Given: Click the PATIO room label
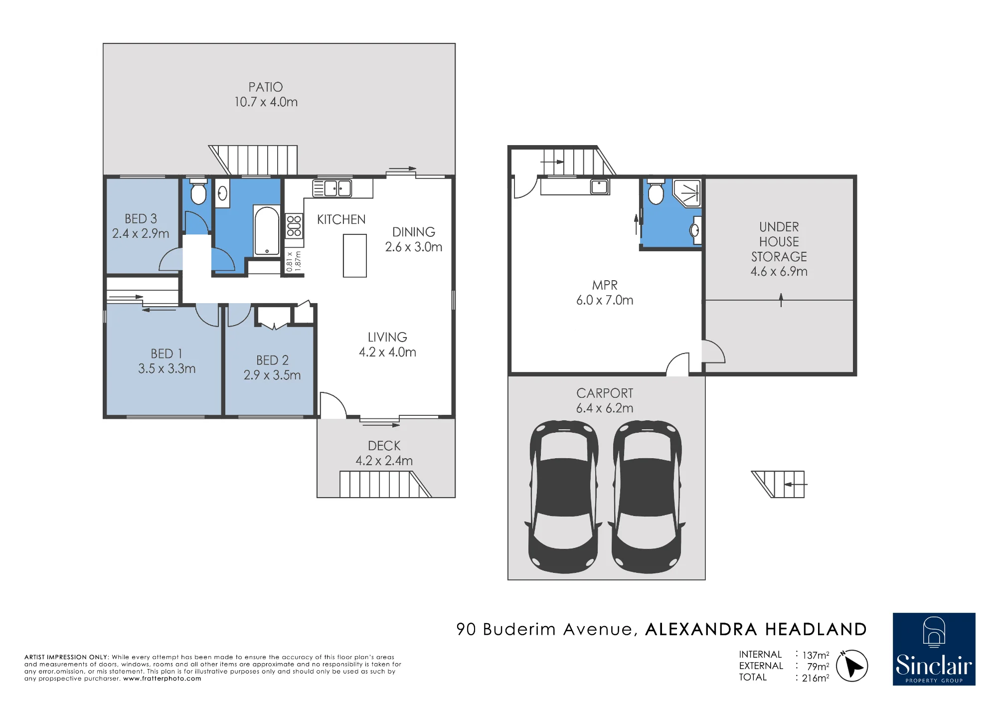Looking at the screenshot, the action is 266,87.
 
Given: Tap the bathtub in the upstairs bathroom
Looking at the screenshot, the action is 267,231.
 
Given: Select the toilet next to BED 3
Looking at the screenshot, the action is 198,191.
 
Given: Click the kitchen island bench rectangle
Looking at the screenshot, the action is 355,256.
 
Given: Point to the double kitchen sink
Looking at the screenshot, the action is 332,188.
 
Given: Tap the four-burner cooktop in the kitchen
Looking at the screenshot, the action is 294,226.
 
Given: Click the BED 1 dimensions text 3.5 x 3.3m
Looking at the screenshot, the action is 167,368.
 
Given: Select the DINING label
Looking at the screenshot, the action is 414,232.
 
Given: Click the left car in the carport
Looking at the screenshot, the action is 564,497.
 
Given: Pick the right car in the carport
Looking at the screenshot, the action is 647,497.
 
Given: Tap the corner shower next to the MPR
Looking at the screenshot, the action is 687,193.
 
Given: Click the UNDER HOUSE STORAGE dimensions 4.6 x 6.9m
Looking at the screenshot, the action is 779,271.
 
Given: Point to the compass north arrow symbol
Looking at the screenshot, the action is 852,666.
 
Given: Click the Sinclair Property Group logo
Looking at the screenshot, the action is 934,649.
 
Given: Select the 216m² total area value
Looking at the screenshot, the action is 816,678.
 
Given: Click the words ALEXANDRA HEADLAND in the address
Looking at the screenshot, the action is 756,629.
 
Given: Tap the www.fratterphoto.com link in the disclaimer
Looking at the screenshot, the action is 163,679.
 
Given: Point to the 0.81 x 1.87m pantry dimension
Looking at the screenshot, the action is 294,261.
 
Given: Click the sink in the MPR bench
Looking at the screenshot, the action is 599,186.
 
